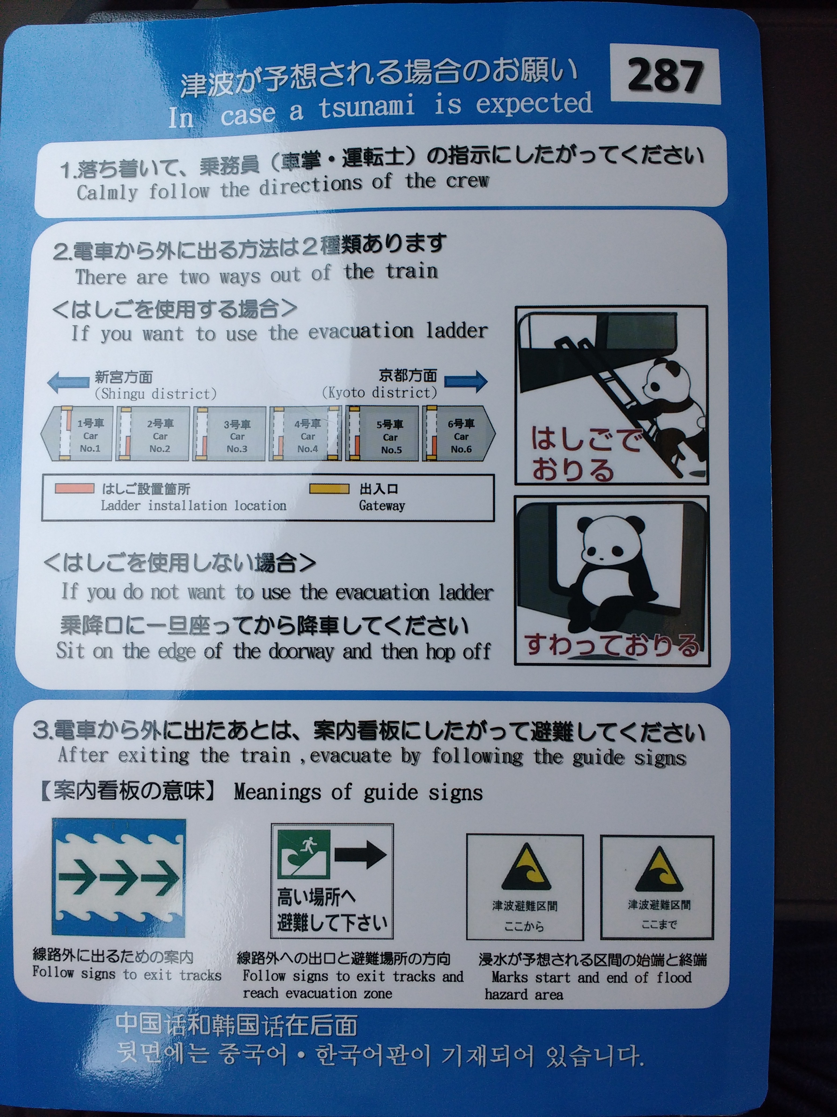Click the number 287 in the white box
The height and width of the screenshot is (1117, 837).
pos(665,75)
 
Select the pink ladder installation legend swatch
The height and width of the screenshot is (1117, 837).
pos(75,488)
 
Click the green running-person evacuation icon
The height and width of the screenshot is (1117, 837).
pos(304,854)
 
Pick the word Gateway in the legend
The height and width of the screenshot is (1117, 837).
pos(382,506)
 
